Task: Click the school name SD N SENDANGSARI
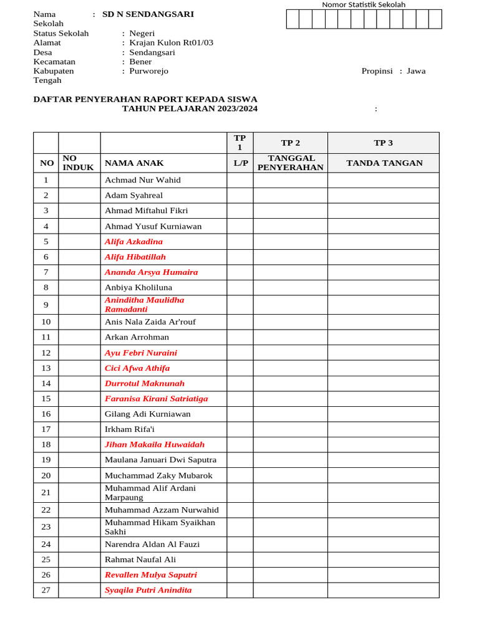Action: (148, 14)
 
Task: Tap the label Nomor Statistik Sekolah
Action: (363, 4)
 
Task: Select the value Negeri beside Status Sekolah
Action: (142, 34)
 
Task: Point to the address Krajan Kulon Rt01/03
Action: (171, 43)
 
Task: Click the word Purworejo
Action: (148, 71)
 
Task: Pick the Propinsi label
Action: (377, 71)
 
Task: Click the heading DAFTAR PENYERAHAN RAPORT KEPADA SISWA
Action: (145, 100)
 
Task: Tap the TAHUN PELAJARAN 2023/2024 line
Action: (189, 109)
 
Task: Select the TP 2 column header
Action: (290, 143)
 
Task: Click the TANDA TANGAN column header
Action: (384, 163)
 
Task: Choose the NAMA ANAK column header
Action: (134, 163)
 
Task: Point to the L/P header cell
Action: (240, 163)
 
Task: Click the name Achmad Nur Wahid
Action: (143, 180)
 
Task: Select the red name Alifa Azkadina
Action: (133, 242)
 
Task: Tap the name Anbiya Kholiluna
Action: (138, 288)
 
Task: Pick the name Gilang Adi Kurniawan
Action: (148, 414)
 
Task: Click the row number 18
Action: (46, 445)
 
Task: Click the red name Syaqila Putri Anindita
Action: (148, 591)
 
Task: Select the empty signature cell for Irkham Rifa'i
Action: (383, 429)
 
